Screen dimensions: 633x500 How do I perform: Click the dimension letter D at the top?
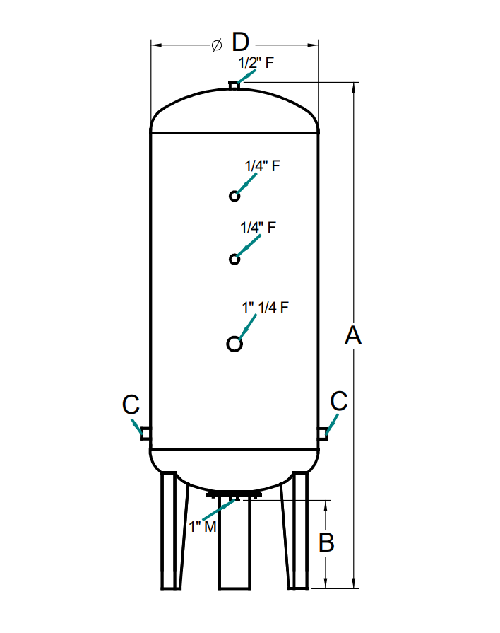(241, 43)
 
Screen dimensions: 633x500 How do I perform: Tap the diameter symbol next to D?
(217, 45)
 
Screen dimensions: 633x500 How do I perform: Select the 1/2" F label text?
(255, 62)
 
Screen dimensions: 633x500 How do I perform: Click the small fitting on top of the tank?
(234, 86)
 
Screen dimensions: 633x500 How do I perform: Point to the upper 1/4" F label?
(263, 166)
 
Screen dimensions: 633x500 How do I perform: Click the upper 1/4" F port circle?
(234, 196)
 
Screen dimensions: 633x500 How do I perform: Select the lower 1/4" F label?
(258, 228)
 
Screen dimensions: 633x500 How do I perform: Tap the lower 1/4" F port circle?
(234, 259)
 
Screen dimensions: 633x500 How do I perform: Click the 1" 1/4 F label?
(266, 308)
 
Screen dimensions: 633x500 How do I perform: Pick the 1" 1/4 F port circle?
(234, 344)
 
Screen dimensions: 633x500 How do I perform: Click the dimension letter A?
(353, 337)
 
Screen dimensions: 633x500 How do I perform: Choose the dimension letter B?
(326, 542)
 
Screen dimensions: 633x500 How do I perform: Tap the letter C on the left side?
(131, 405)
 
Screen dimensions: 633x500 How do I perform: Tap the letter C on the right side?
(339, 401)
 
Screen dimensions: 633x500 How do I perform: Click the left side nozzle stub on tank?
(145, 432)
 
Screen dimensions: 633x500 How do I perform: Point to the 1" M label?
(202, 527)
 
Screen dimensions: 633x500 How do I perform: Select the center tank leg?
(234, 545)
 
